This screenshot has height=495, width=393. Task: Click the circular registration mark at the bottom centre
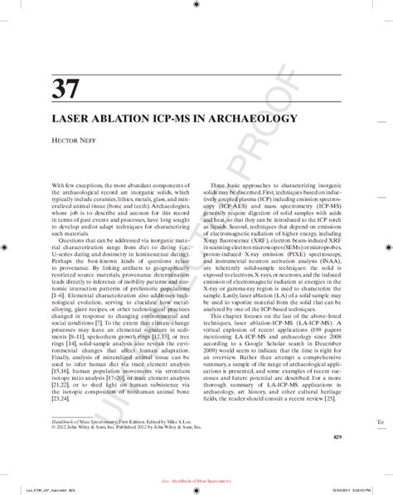pos(196,469)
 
